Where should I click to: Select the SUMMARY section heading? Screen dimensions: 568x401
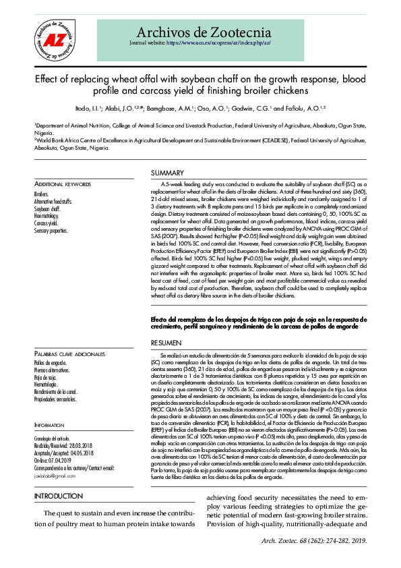coord(167,173)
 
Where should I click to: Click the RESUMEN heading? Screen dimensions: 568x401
coord(166,343)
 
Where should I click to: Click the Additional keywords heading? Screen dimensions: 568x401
coord(62,184)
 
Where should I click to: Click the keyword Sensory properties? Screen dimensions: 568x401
coord(51,230)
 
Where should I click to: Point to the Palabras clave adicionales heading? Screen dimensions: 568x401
coord(69,354)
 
